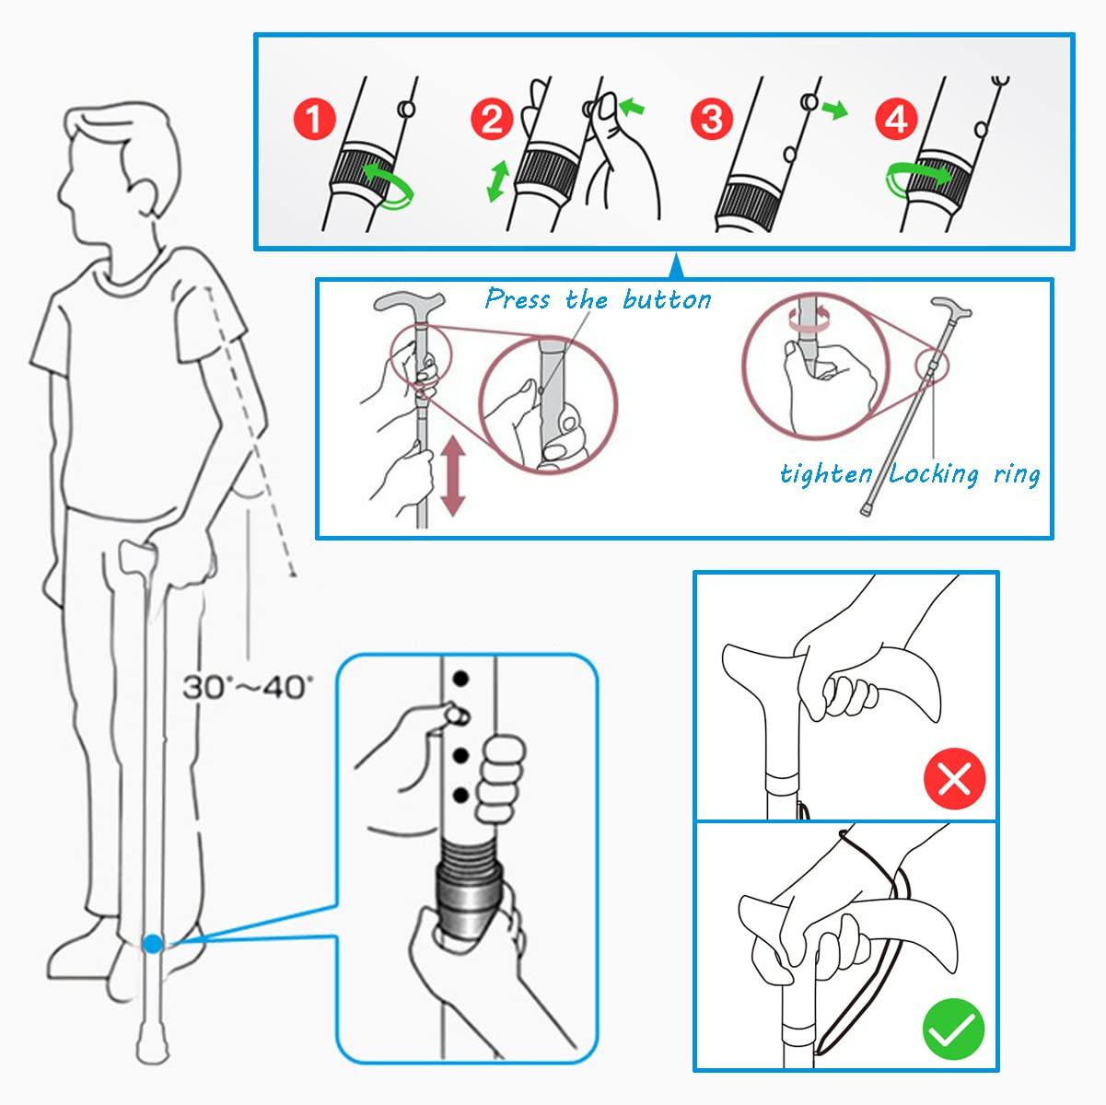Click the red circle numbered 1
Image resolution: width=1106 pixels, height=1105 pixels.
coord(314,120)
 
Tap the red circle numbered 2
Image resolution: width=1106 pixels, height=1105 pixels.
coord(492,120)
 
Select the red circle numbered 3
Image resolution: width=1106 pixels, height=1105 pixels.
coord(712,120)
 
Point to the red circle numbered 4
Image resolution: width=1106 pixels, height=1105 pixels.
coord(897,120)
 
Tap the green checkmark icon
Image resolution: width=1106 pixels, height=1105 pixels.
coord(954,1028)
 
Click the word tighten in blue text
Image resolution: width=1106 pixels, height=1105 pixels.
coord(826,474)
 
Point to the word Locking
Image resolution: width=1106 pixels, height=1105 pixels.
coord(934,475)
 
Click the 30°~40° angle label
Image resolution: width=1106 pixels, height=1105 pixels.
coord(247,687)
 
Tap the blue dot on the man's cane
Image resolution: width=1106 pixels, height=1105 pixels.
coord(153,943)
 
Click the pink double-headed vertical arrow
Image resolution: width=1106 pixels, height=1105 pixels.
coord(452,477)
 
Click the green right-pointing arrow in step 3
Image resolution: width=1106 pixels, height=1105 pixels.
coord(834,110)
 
